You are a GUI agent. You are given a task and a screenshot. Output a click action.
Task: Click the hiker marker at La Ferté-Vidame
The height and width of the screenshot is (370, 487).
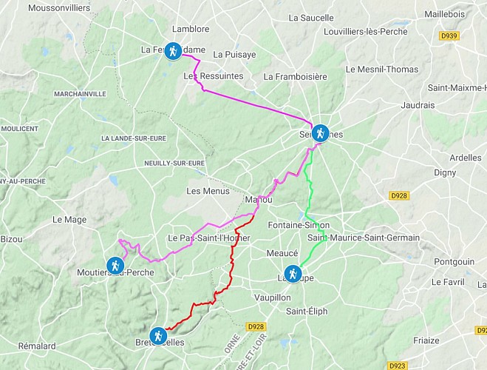tap(172, 51)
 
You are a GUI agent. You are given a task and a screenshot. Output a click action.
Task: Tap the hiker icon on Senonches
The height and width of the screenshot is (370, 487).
tap(319, 133)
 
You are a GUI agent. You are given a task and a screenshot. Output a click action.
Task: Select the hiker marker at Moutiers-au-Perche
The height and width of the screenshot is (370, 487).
tap(115, 265)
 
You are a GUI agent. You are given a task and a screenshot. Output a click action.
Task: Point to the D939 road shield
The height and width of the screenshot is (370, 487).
tap(448, 35)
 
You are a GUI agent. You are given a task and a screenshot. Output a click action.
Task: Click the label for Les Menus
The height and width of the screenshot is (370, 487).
tap(204, 190)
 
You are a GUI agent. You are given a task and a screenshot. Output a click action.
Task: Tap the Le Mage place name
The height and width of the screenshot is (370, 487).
tap(69, 219)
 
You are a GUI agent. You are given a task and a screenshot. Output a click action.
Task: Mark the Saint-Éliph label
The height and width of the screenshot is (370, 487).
tap(307, 311)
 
